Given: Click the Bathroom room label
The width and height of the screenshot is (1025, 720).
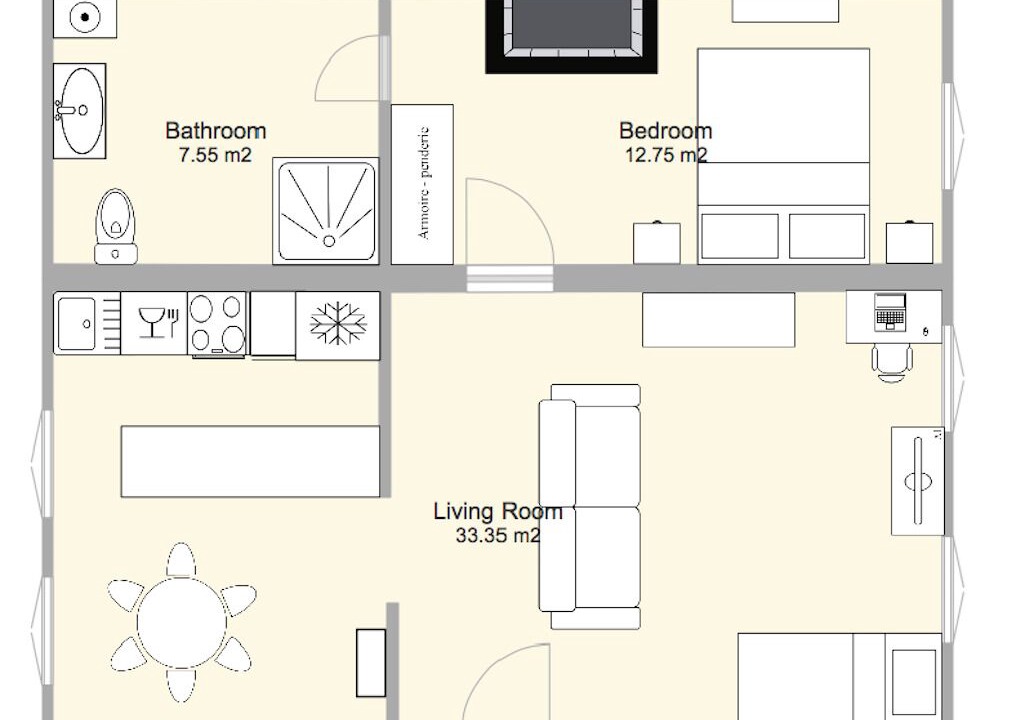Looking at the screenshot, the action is pyautogui.click(x=216, y=131).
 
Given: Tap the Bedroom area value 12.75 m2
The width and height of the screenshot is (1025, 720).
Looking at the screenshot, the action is pyautogui.click(x=666, y=155).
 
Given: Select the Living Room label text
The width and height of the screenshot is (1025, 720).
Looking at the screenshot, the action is pyautogui.click(x=498, y=511).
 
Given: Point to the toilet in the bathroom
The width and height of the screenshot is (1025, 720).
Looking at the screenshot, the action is pyautogui.click(x=116, y=226).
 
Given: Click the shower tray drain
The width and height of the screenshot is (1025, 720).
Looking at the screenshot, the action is pyautogui.click(x=329, y=241).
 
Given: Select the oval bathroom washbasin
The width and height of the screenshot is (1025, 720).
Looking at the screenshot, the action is pyautogui.click(x=80, y=111).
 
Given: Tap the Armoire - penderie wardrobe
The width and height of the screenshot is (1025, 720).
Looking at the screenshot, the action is pyautogui.click(x=422, y=184).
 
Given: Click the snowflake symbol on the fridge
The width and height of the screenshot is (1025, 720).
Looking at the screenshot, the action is pyautogui.click(x=338, y=323).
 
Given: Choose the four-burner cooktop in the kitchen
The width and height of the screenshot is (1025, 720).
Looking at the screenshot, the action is pyautogui.click(x=217, y=325).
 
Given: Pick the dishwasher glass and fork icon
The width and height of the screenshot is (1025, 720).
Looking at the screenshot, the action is pyautogui.click(x=158, y=322).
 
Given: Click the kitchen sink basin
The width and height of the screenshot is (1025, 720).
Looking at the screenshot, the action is pyautogui.click(x=76, y=324).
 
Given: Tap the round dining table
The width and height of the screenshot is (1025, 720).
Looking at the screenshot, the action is pyautogui.click(x=182, y=622).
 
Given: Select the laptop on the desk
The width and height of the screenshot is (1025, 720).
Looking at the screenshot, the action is pyautogui.click(x=890, y=312).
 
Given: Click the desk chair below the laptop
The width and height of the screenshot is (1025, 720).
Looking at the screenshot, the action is pyautogui.click(x=891, y=364).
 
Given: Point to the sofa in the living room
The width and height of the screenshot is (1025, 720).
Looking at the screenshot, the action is pyautogui.click(x=590, y=507).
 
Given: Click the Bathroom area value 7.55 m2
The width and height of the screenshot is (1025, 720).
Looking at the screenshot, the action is pyautogui.click(x=215, y=155).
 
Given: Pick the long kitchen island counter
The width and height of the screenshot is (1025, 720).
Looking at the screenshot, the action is pyautogui.click(x=250, y=462).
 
